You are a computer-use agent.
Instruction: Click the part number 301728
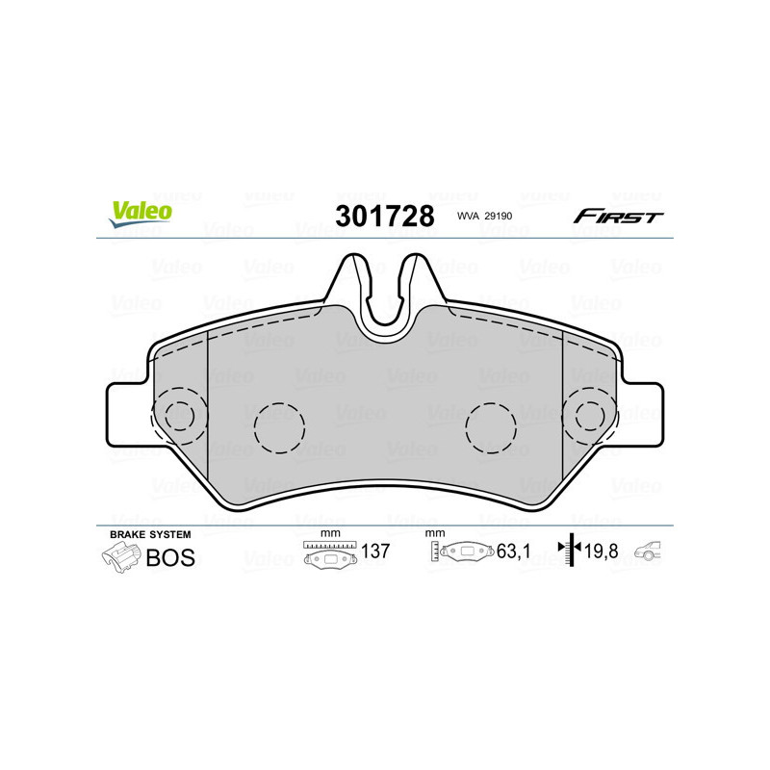[384, 216]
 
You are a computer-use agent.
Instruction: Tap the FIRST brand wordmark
[618, 217]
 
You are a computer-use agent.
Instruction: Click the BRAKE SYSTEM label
[150, 533]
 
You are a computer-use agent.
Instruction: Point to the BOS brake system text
[169, 557]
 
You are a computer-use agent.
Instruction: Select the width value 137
[373, 552]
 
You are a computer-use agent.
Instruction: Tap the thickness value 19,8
[603, 552]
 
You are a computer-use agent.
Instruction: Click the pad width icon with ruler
[330, 554]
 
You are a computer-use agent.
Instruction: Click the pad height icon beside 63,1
[460, 552]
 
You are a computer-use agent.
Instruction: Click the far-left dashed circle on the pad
[179, 416]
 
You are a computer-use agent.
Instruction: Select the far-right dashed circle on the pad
[590, 416]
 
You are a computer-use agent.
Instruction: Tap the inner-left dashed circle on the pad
[279, 424]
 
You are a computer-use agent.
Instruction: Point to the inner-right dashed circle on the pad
[491, 424]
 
